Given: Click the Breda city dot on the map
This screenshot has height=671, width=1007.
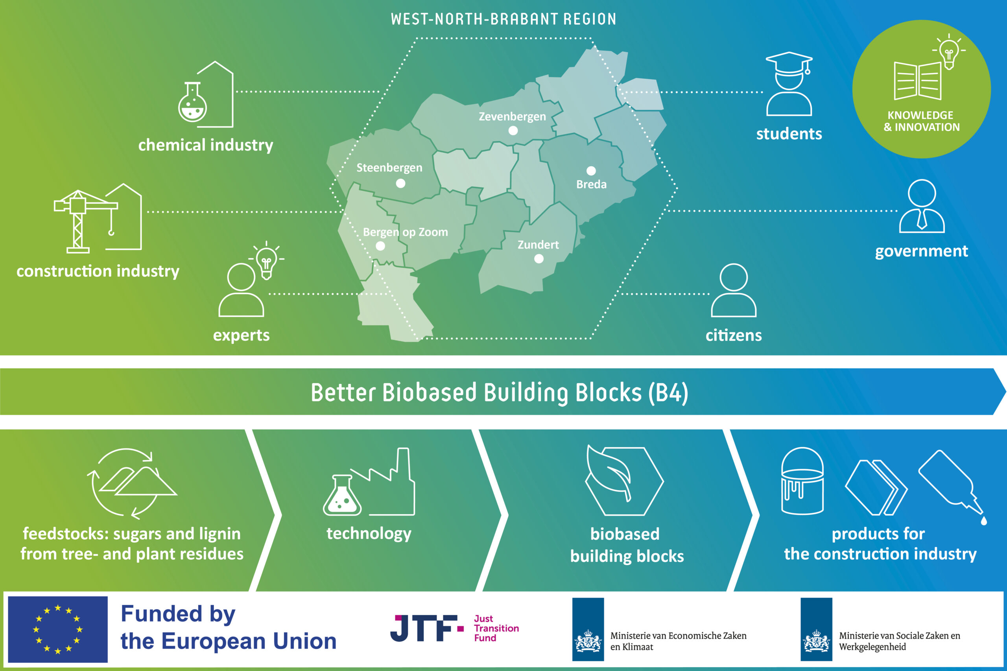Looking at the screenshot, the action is click(x=591, y=171).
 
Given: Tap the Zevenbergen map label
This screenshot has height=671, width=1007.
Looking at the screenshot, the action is click(x=512, y=116).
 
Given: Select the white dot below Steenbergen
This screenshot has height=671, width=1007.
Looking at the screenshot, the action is click(x=400, y=183).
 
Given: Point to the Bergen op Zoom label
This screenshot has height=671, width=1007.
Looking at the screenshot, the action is click(x=405, y=232).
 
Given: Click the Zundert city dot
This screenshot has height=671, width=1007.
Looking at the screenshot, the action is click(x=539, y=258).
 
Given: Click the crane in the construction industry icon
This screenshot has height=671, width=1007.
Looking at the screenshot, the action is click(x=86, y=221).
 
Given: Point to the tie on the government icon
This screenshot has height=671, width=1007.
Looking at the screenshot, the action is click(x=922, y=219).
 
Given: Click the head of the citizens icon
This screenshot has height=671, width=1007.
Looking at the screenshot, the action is click(x=734, y=277).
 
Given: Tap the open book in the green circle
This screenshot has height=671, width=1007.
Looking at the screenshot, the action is click(x=918, y=81).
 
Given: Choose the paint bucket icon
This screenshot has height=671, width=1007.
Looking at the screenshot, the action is click(x=802, y=481).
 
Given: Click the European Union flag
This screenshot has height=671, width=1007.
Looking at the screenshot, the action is click(x=58, y=629).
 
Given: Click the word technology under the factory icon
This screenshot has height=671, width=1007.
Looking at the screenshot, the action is click(x=369, y=534).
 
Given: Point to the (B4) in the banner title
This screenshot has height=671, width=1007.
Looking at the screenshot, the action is click(x=668, y=393).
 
